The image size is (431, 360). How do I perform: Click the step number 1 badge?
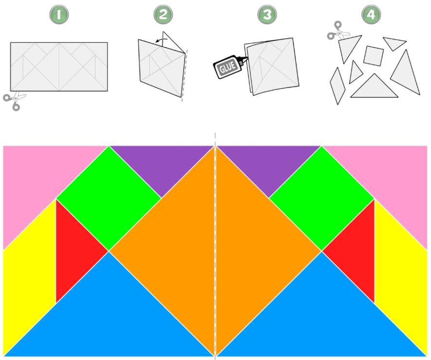point(59,14)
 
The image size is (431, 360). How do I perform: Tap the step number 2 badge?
point(163,14)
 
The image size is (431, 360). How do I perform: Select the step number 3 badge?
point(267,14)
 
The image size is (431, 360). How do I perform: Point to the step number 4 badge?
point(371,14)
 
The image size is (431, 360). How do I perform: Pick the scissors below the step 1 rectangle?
point(14,101)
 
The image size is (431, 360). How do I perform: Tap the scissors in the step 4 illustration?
point(337,31)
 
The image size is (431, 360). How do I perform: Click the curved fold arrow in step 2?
point(162,40)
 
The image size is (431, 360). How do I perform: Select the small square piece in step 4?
point(373,56)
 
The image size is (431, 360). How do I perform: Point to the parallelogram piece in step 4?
point(337,86)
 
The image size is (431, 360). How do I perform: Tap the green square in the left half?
point(109,198)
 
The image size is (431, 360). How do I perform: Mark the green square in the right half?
point(321,198)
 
